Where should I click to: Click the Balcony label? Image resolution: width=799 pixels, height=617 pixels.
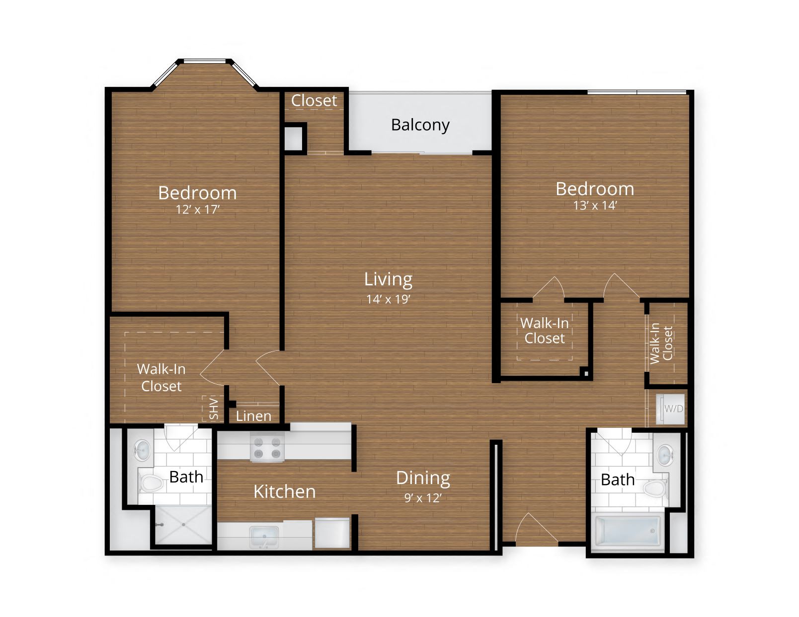420,125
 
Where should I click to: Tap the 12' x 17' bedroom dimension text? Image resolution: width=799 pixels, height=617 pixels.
197,209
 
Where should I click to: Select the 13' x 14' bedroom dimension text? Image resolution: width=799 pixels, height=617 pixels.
594,206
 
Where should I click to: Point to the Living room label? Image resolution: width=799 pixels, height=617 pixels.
388,279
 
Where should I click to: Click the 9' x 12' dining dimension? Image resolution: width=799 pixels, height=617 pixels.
422,498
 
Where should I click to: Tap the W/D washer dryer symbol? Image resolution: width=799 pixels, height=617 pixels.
673,409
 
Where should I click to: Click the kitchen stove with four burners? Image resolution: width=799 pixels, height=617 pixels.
267,448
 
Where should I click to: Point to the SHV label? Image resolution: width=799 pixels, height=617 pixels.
214,409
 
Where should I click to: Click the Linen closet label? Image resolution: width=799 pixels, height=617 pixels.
253,416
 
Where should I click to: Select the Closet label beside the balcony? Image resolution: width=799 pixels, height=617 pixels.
314,101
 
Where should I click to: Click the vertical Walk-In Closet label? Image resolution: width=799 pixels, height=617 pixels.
661,343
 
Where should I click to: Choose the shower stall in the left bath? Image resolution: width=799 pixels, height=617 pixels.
182,525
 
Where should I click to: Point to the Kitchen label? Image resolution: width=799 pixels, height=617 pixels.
284,491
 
